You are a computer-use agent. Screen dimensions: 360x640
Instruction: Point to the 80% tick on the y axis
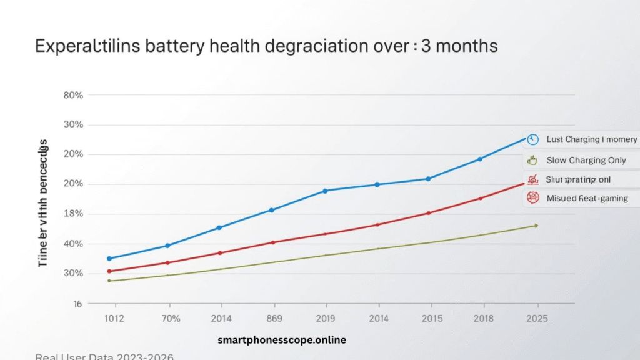(x=73, y=95)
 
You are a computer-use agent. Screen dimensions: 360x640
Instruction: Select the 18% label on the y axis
(x=73, y=214)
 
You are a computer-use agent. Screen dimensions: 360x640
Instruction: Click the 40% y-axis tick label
(x=73, y=244)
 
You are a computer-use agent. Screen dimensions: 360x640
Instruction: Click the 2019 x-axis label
(x=324, y=319)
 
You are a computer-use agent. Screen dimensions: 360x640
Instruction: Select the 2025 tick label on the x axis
(x=537, y=319)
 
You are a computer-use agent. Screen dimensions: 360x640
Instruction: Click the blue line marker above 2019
(x=324, y=191)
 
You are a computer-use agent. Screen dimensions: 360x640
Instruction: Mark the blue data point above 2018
(x=480, y=159)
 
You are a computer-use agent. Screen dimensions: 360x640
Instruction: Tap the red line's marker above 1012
(x=109, y=271)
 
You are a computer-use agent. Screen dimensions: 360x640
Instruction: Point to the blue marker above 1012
(x=109, y=258)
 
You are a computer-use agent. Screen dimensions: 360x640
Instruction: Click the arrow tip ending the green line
(x=536, y=226)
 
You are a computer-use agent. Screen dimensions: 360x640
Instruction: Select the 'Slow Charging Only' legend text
(x=586, y=160)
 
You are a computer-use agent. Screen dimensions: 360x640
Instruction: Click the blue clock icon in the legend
(x=532, y=139)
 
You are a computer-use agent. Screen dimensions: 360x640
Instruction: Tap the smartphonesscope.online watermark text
(x=281, y=341)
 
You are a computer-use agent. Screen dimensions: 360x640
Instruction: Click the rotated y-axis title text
(x=43, y=203)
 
